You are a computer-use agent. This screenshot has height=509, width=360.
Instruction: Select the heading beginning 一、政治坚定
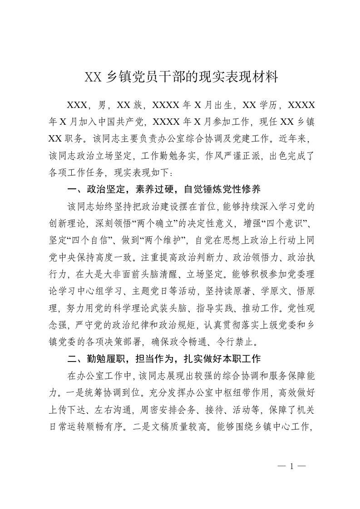[x=163, y=189]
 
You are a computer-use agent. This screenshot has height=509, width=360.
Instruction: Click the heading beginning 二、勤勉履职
[x=164, y=359]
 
